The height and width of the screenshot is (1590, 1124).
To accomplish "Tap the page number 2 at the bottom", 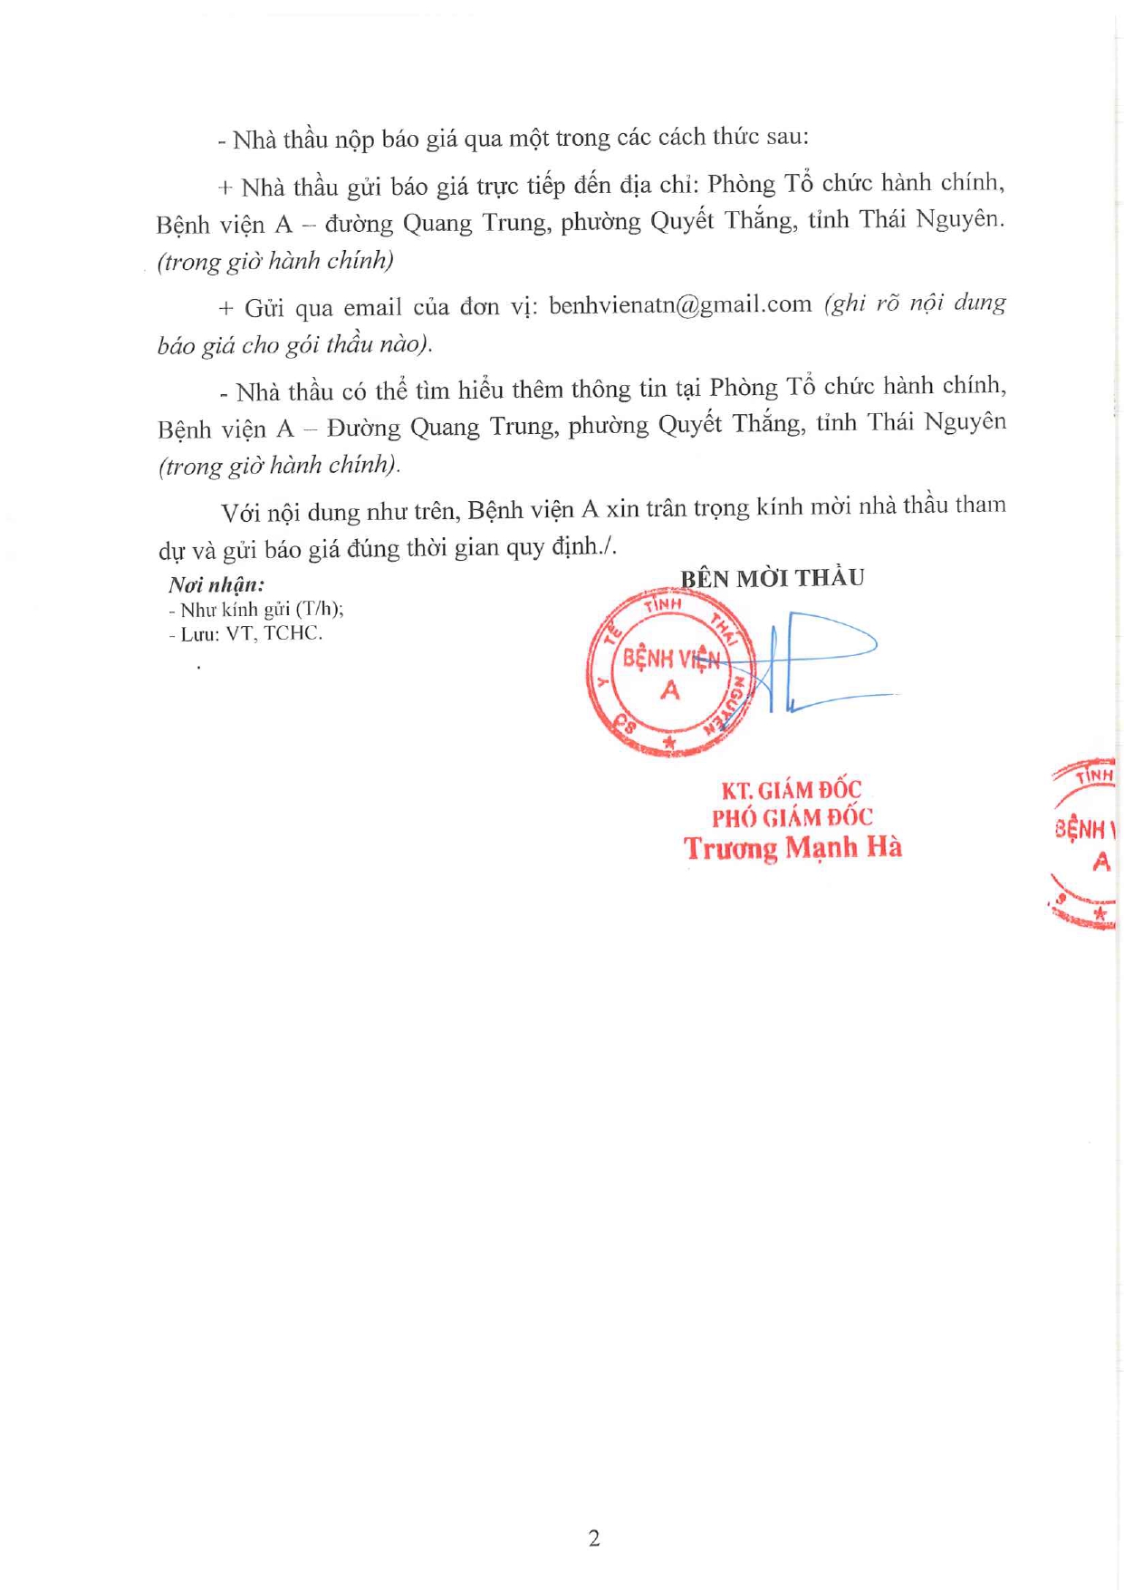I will [594, 1538].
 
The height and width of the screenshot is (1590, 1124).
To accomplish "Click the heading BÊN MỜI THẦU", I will [772, 578].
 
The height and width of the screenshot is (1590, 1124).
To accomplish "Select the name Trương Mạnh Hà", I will [793, 848].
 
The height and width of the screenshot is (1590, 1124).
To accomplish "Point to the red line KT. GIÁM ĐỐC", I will [791, 790].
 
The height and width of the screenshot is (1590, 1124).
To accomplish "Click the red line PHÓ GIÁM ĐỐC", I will [792, 818].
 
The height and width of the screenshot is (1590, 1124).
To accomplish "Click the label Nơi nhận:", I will [216, 585].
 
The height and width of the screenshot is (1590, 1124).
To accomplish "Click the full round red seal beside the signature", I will [670, 672].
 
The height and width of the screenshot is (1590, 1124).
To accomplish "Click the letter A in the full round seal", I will [670, 691].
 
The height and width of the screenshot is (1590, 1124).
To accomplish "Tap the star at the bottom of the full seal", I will [670, 743].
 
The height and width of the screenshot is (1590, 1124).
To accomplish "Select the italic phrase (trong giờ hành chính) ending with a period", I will [279, 466].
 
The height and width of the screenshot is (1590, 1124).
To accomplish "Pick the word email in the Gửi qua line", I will [372, 307].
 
